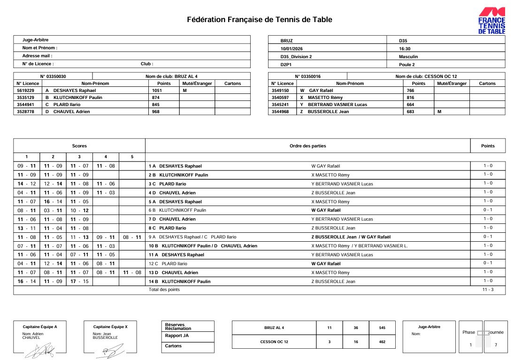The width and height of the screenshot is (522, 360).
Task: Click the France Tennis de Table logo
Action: (x=491, y=21)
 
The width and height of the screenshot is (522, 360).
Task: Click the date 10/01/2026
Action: (x=292, y=48)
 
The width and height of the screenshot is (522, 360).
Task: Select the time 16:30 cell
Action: (x=405, y=48)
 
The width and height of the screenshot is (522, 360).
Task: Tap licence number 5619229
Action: (x=25, y=90)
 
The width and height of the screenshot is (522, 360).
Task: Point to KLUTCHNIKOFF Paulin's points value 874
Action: (x=156, y=97)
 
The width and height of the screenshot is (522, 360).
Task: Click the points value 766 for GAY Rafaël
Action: (x=410, y=90)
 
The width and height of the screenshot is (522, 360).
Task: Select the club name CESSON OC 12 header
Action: (x=426, y=76)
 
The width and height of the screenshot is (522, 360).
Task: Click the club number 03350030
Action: (x=53, y=76)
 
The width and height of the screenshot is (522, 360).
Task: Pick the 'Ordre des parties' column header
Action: (x=307, y=146)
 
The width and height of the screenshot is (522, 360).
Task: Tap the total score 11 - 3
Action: (x=488, y=290)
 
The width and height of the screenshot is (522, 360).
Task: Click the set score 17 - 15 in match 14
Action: (x=79, y=281)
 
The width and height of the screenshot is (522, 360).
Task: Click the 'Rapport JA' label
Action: (x=177, y=336)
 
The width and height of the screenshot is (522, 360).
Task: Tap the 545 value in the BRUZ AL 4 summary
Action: (x=382, y=328)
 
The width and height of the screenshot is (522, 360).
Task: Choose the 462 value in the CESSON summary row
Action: (x=382, y=342)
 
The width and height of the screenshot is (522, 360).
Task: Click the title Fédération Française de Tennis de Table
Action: (x=260, y=20)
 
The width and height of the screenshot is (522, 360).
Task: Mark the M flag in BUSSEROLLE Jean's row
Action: (x=439, y=112)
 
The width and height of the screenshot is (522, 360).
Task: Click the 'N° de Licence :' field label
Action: (x=38, y=64)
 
